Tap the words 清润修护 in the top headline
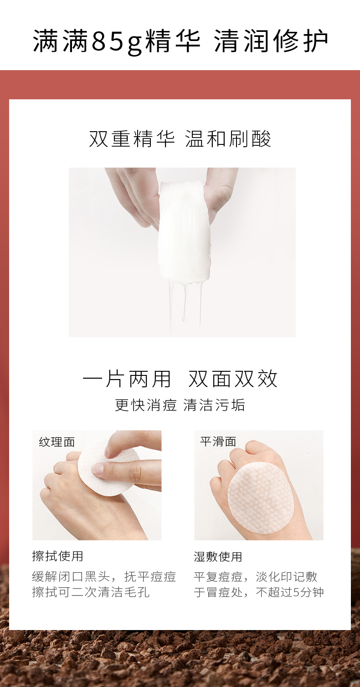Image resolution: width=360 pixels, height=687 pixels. (x=271, y=41)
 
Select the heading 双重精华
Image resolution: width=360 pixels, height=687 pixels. (x=132, y=138)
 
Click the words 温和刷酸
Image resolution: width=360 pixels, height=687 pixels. (x=228, y=138)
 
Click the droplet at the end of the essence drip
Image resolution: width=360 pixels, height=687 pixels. (x=185, y=319)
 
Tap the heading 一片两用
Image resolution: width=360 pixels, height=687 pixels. (x=126, y=379)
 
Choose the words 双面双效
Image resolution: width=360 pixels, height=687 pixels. (x=233, y=379)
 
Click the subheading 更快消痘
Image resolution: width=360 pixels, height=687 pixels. (x=146, y=405)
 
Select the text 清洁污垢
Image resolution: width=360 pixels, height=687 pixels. (x=214, y=405)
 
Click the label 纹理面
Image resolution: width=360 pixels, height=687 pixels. (x=57, y=442)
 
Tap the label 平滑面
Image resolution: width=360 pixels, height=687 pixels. (x=218, y=441)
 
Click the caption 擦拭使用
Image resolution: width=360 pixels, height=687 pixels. (x=58, y=556)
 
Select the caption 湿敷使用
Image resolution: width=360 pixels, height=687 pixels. (x=218, y=557)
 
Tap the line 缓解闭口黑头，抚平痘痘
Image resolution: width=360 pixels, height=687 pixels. (x=104, y=577)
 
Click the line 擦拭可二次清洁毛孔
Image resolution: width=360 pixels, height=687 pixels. (x=91, y=592)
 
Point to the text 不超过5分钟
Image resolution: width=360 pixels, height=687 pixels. (x=290, y=592)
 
